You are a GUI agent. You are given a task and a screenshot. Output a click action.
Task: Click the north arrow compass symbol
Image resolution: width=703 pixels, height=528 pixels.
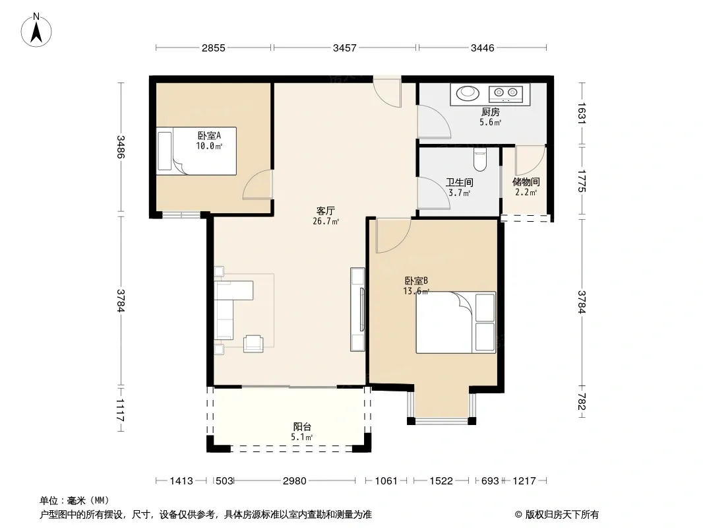[x=36, y=30]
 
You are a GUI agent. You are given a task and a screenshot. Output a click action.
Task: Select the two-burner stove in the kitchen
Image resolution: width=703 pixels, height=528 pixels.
[x=506, y=93]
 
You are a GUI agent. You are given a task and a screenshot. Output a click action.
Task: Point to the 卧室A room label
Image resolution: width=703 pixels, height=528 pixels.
[x=209, y=135]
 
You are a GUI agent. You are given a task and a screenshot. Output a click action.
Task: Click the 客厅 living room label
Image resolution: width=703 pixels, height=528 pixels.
[x=326, y=211]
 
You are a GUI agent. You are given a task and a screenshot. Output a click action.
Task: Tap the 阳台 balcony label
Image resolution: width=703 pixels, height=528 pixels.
[x=302, y=426]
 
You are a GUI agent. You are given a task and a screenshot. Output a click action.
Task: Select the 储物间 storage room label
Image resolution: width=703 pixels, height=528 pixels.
[x=526, y=182]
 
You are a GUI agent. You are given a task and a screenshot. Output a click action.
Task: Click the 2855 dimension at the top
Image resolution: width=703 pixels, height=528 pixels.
[x=214, y=48]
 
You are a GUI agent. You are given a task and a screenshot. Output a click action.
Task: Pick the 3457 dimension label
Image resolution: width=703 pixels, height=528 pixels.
[x=345, y=48]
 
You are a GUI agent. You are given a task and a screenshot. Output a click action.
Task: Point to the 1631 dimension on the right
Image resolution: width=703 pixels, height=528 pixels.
[x=582, y=114]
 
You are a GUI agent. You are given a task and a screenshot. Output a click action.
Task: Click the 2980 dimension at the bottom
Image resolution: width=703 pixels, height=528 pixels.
[x=295, y=481]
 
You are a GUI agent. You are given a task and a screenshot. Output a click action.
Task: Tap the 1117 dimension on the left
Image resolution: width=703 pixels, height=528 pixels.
[x=121, y=410]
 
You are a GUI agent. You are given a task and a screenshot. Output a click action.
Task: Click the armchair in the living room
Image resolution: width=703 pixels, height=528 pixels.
[x=253, y=344]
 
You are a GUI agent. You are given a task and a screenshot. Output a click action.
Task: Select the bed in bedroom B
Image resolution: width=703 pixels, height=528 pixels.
[x=456, y=323]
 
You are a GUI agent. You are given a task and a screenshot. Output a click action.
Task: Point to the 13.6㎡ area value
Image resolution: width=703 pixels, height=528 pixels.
[x=416, y=291]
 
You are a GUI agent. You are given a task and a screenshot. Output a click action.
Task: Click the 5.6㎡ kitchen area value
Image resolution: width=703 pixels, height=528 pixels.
[x=491, y=123]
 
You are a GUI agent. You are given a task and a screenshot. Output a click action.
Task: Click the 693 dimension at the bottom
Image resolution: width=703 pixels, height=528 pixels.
[x=490, y=481]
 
